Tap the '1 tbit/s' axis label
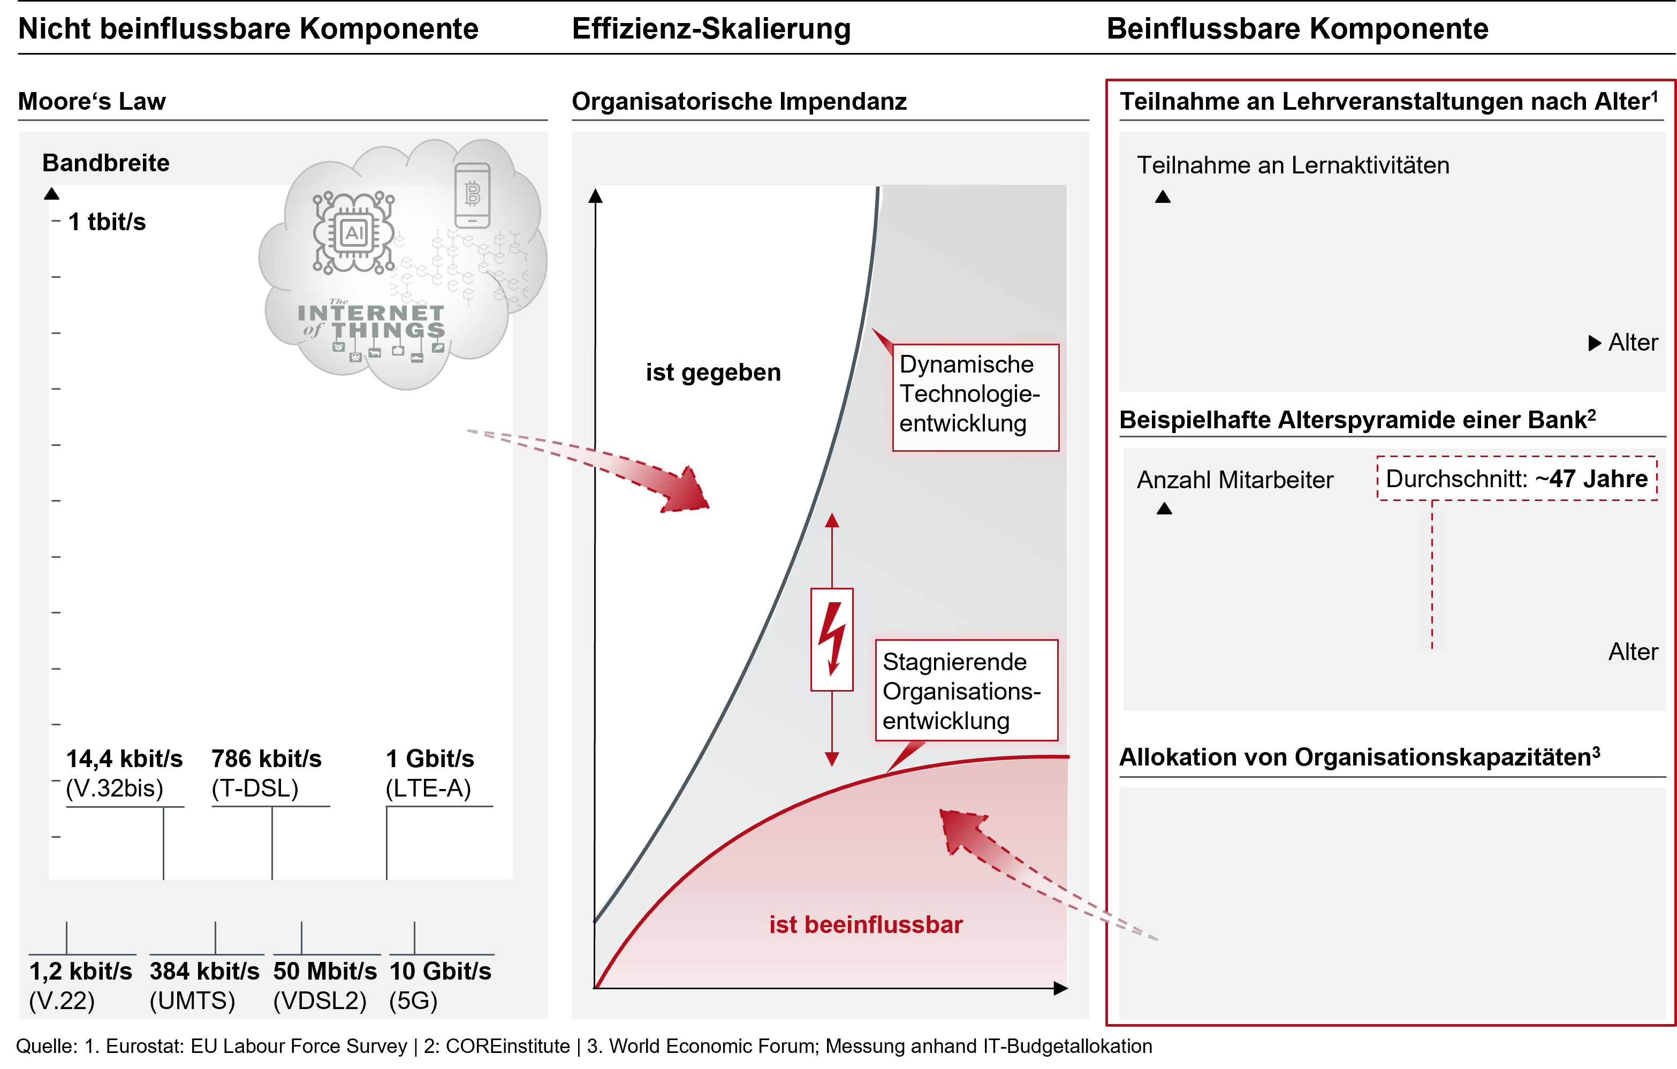(x=107, y=222)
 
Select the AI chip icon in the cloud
(x=354, y=233)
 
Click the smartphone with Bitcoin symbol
(x=472, y=195)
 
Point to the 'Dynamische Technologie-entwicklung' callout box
(x=976, y=398)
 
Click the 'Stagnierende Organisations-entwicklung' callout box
(x=967, y=690)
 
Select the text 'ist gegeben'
(x=713, y=373)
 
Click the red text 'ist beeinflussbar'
(x=866, y=925)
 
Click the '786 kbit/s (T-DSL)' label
(x=266, y=773)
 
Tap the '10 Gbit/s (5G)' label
(x=440, y=985)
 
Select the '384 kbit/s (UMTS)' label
(x=204, y=985)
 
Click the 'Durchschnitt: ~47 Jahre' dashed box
(x=1517, y=479)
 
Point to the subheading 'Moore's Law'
(x=92, y=102)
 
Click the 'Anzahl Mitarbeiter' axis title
(x=1235, y=480)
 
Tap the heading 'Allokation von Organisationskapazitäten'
(x=1360, y=757)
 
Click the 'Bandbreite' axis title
(x=106, y=163)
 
